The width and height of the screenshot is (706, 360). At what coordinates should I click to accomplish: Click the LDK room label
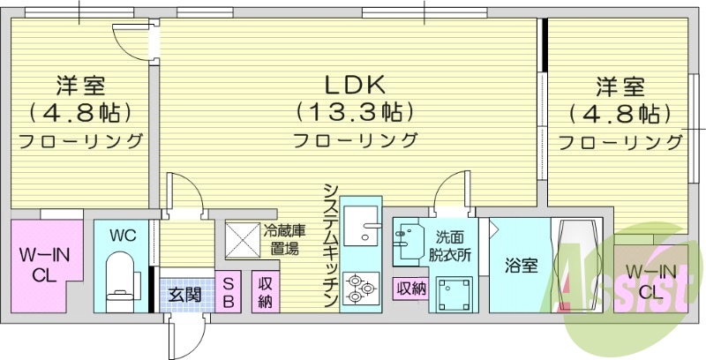[x=354, y=86]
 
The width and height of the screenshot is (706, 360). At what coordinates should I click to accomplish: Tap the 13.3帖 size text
[x=354, y=112]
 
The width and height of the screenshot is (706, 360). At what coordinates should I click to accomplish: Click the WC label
[x=122, y=236]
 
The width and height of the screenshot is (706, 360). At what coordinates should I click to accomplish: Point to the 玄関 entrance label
[x=184, y=295]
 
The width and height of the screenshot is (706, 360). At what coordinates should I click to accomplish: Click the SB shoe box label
[x=228, y=293]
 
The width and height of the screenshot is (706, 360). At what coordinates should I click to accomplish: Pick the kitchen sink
[x=359, y=228]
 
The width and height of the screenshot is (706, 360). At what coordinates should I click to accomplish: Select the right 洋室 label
[x=619, y=86]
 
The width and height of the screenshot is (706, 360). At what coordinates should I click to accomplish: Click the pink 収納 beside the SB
[x=264, y=293]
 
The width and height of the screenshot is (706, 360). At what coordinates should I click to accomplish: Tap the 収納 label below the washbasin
[x=410, y=288]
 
